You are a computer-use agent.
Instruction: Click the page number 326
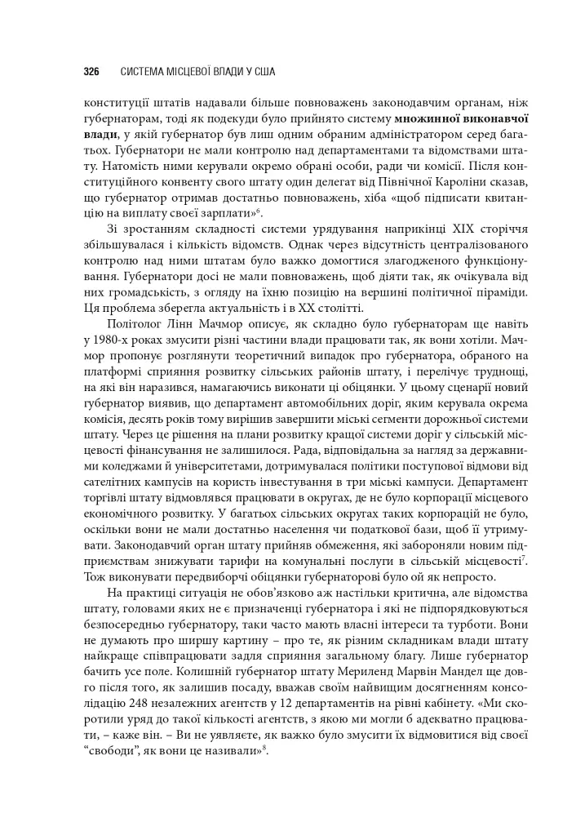[91, 72]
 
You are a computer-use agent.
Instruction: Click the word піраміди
[494, 290]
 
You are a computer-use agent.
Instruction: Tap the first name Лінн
[184, 324]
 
